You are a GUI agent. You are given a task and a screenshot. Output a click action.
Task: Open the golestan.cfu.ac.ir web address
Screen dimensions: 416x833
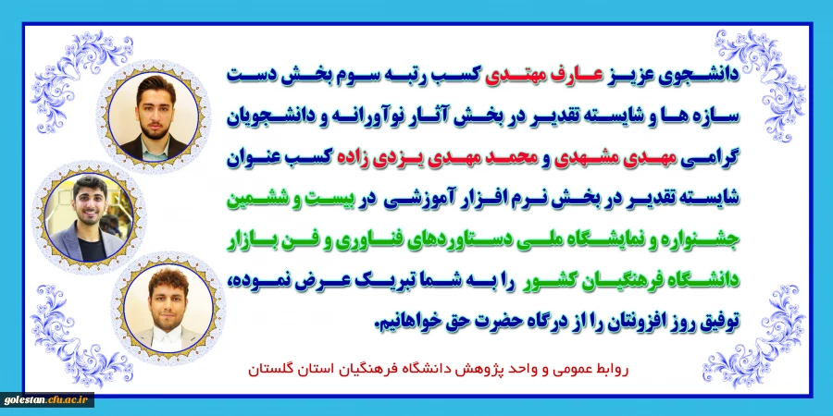coord(46,400)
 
